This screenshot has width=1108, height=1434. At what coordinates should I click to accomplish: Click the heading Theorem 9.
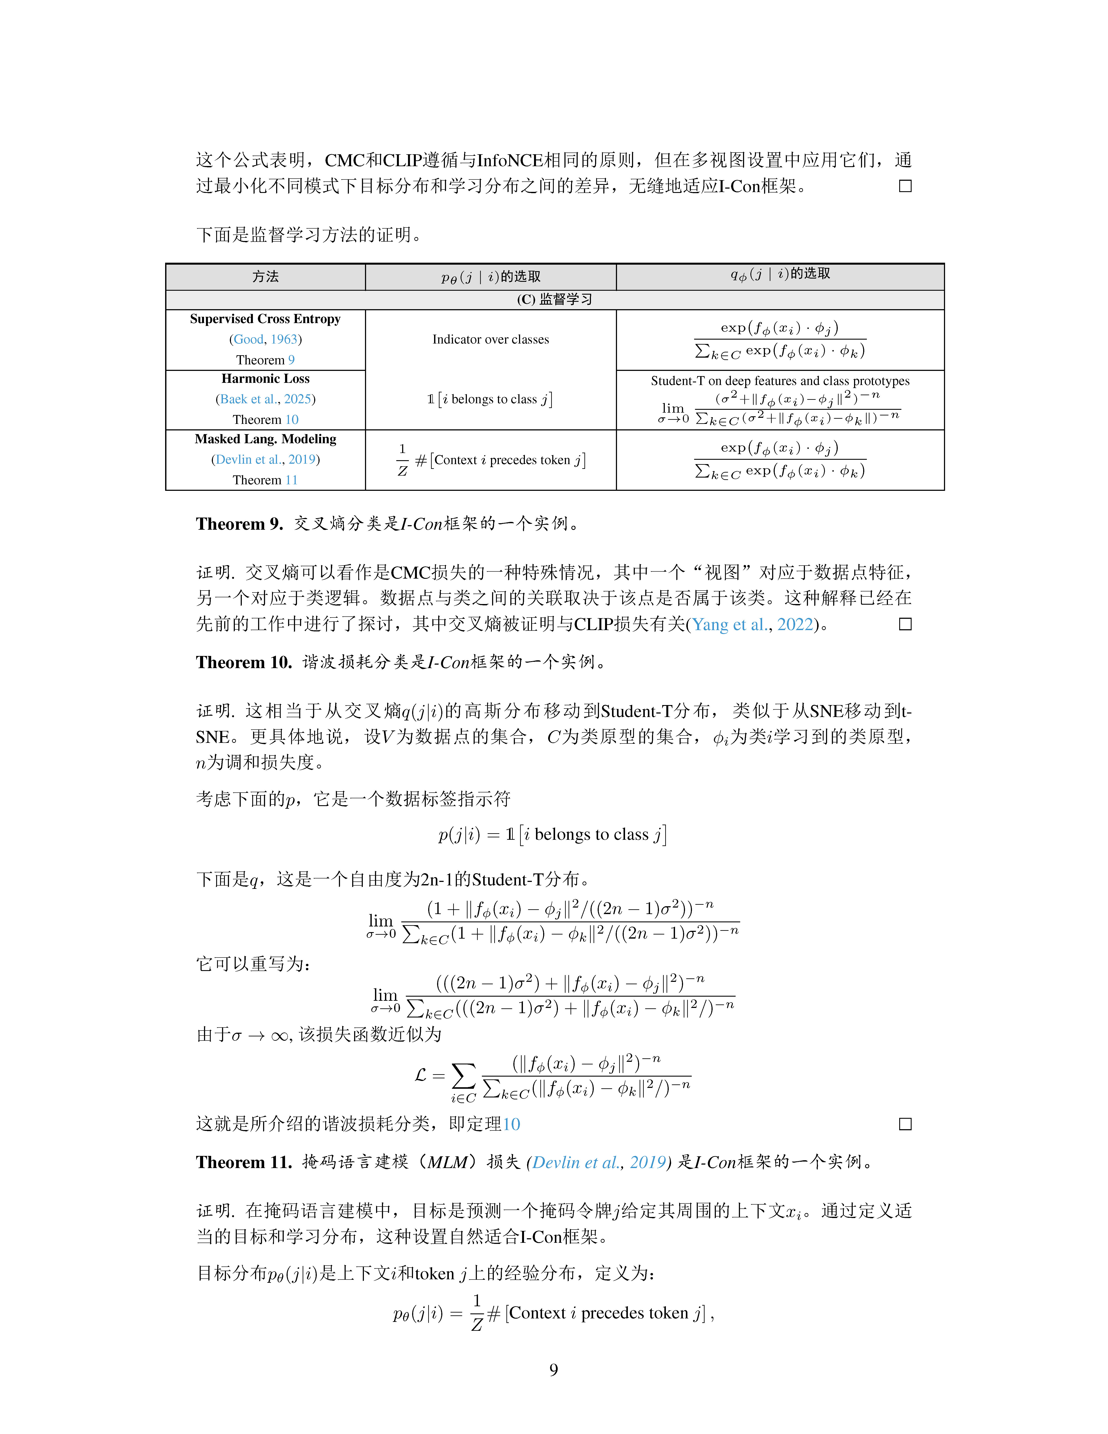[239, 524]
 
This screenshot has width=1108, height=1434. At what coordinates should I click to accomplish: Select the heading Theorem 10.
[244, 662]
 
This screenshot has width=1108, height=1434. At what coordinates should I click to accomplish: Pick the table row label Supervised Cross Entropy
[265, 319]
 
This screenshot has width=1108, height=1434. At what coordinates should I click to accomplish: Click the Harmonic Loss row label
[265, 379]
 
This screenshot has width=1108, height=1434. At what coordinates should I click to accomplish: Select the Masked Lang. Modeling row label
[265, 439]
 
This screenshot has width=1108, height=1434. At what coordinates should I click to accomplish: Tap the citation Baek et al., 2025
[265, 399]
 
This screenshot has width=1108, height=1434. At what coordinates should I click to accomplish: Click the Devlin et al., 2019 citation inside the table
[265, 460]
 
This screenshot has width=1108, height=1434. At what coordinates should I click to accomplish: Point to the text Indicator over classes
[490, 339]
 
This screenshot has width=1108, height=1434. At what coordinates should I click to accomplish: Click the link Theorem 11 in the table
[265, 480]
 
